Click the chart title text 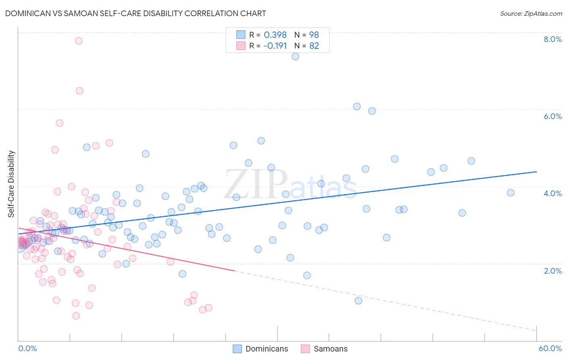(x=135, y=13)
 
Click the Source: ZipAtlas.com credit (x=531, y=13)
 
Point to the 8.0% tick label (x=552, y=39)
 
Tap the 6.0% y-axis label (x=552, y=116)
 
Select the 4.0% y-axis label (x=552, y=193)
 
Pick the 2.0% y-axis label (x=552, y=271)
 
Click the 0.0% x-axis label (x=27, y=348)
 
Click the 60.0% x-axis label (x=550, y=348)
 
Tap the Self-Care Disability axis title (x=11, y=184)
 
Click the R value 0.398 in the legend (x=275, y=35)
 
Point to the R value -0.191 (x=275, y=46)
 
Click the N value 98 (x=314, y=35)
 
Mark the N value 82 (x=314, y=46)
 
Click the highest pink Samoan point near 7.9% (x=79, y=41)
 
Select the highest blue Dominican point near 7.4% (x=295, y=57)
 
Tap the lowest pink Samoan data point (x=76, y=316)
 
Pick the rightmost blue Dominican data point (x=511, y=193)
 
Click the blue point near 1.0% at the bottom (x=358, y=301)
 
